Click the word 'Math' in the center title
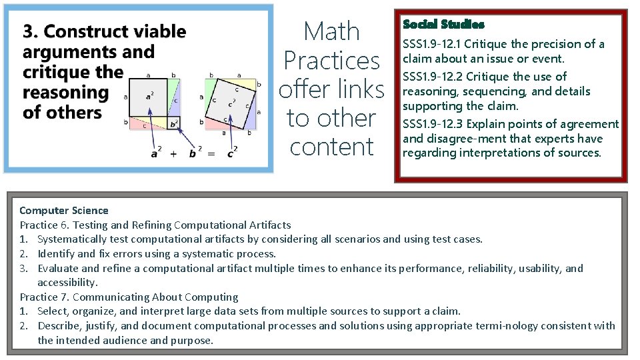(331, 31)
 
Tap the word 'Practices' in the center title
(331, 61)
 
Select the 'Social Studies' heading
(443, 25)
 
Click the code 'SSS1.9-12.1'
(431, 44)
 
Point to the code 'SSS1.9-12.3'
(432, 124)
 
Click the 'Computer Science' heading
(64, 211)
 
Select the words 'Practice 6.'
(44, 225)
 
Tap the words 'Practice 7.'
(44, 297)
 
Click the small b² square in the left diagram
(173, 123)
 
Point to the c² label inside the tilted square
(230, 103)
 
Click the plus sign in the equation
(173, 153)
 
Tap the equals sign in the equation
(211, 154)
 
